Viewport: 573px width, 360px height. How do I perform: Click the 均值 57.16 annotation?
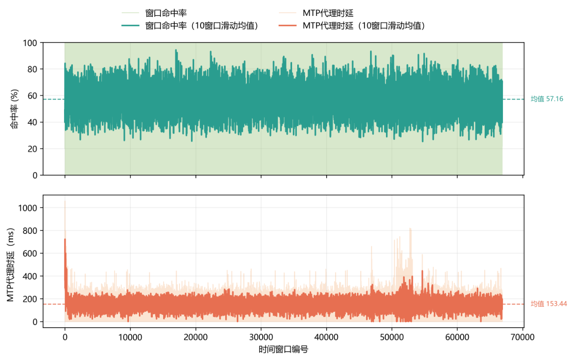point(547,99)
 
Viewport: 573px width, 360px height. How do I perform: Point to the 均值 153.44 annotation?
point(549,304)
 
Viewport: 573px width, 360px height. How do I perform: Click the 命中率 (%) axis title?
point(14,109)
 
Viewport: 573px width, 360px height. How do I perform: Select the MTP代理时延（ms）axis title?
point(10,265)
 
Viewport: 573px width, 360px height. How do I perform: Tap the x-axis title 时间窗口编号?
point(283,349)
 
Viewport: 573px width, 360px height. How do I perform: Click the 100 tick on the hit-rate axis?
point(29,43)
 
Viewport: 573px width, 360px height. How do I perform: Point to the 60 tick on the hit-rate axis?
point(32,96)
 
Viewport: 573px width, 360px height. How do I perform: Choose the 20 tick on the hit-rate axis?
point(32,149)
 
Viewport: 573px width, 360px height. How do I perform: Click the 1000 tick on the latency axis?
point(28,208)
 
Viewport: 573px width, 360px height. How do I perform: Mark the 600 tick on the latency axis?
point(29,253)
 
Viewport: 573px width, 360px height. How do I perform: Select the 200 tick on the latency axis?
point(29,299)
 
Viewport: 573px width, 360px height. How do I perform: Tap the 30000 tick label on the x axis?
point(261,337)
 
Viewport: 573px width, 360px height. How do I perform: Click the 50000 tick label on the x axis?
point(392,337)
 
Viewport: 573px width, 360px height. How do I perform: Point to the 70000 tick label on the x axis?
point(523,337)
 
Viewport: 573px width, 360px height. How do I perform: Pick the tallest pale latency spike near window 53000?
point(410,229)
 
